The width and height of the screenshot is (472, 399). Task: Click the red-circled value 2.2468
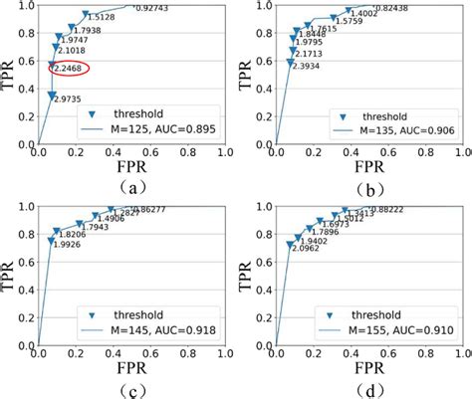pyautogui.click(x=70, y=69)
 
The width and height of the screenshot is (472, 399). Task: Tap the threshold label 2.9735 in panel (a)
pyautogui.click(x=68, y=100)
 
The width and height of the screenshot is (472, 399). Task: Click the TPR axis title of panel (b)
pyautogui.click(x=245, y=75)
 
